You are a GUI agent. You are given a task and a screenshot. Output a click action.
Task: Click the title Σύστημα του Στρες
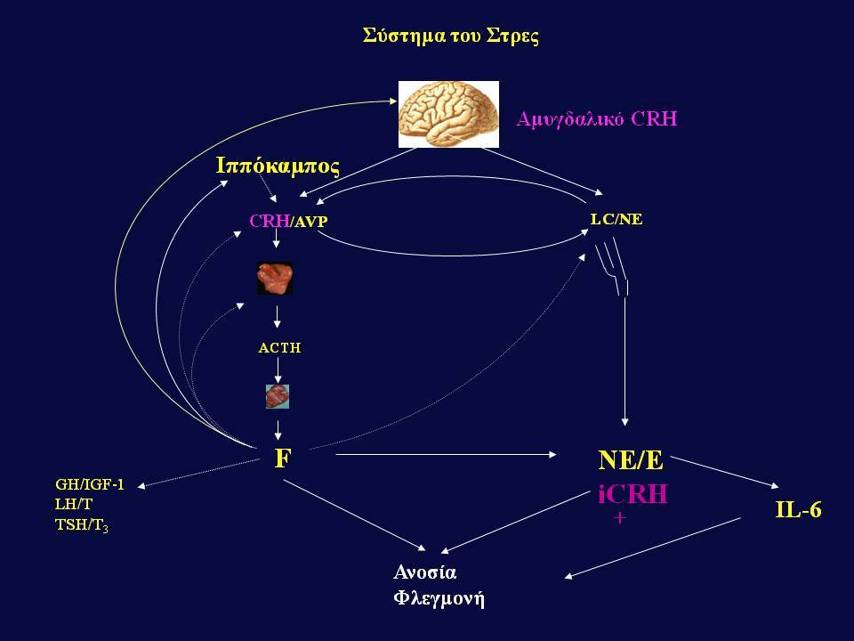[x=451, y=36]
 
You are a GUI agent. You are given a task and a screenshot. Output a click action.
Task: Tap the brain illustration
[x=448, y=115]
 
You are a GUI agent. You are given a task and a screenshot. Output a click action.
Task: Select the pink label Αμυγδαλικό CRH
[x=597, y=119]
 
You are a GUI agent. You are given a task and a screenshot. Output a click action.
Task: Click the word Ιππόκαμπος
[x=278, y=166]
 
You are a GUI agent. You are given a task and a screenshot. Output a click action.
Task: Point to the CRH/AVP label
[x=288, y=221]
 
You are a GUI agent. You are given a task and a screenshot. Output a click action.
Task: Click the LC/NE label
[x=616, y=219]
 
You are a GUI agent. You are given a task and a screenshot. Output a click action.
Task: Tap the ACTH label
[x=279, y=348]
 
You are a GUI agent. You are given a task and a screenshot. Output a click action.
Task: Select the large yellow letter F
[x=283, y=458]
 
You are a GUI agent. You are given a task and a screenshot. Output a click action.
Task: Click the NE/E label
[x=631, y=460]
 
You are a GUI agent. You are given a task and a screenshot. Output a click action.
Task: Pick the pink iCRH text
[x=632, y=494]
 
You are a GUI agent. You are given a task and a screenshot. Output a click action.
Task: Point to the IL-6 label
[x=798, y=509]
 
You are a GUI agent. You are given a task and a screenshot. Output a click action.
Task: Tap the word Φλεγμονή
[x=439, y=598]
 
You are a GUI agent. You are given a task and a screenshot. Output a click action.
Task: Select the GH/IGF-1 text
[x=90, y=484]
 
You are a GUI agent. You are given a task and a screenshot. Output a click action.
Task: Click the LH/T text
[x=74, y=504]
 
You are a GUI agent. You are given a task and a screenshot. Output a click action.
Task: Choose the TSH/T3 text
[x=82, y=525]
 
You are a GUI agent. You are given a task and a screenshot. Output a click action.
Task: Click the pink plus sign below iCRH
[x=620, y=517]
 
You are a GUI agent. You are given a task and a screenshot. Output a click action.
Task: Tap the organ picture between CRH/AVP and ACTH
[x=275, y=279]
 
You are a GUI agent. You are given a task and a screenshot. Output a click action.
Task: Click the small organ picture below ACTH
[x=278, y=396]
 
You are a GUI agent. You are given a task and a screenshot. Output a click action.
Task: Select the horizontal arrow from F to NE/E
[x=446, y=454]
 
